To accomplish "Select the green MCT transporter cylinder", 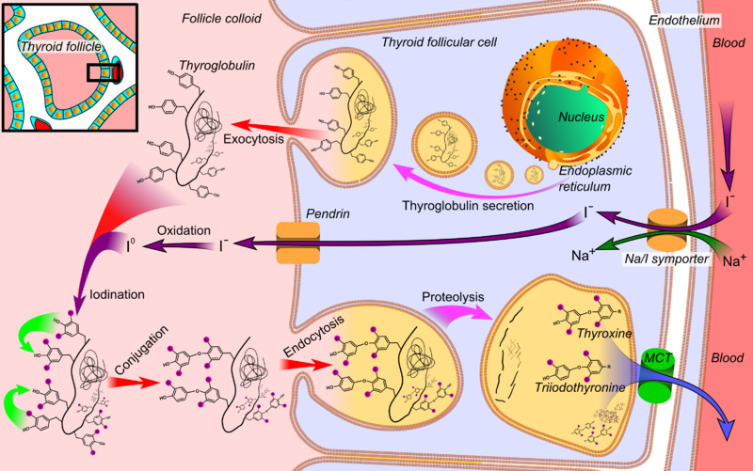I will tap(654, 372).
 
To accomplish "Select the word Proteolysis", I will tap(452, 295).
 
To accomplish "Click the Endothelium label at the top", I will tap(684, 19).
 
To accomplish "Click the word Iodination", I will tap(119, 294).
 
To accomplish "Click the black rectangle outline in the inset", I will tap(100, 72).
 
